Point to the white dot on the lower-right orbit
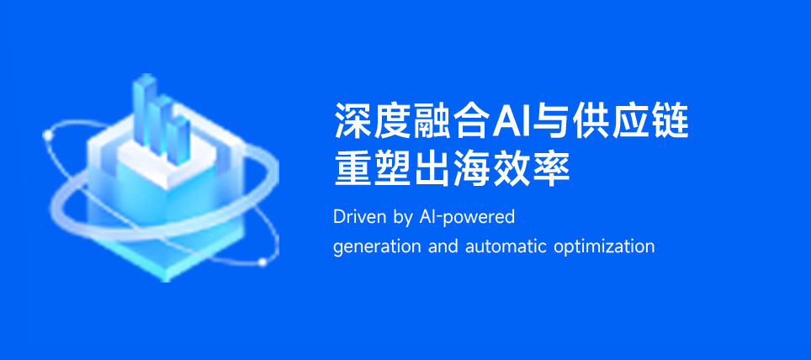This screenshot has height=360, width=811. click(x=262, y=262)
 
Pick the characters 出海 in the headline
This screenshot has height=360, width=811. click(x=453, y=169)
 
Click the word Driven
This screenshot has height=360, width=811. click(x=358, y=217)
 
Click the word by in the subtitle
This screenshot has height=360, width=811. click(x=403, y=218)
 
